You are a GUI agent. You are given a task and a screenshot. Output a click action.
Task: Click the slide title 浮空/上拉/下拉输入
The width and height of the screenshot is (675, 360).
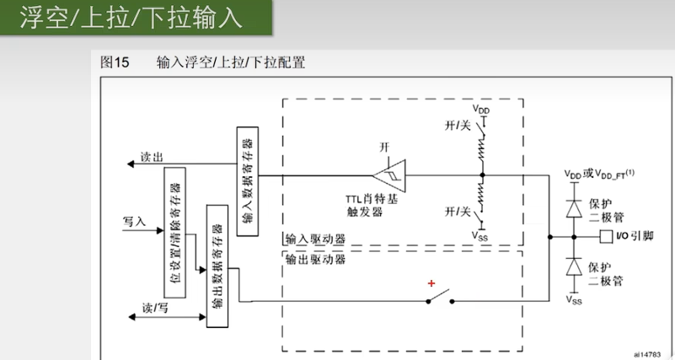[x=131, y=19]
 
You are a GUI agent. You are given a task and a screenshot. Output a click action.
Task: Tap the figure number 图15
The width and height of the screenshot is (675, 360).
[x=114, y=62]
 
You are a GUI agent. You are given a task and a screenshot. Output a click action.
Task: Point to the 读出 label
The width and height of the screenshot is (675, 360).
[x=153, y=157]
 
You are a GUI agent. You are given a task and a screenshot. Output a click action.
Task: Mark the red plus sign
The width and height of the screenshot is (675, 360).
[x=432, y=283]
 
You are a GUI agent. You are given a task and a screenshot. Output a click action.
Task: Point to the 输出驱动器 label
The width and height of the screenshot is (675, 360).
[x=315, y=259]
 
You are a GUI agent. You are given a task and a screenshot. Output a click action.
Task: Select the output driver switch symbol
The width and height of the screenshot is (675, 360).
[x=439, y=298]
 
